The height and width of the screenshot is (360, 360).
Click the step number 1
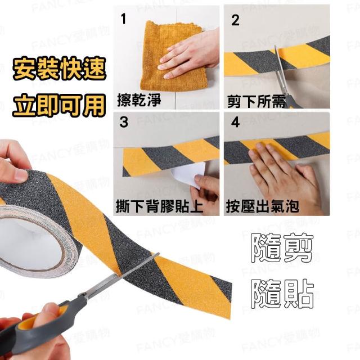pyautogui.click(x=124, y=19)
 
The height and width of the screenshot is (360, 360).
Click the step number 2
pyautogui.click(x=235, y=20)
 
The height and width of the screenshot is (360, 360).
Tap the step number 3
pyautogui.click(x=124, y=122)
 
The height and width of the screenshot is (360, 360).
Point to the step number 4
pyautogui.click(x=235, y=122)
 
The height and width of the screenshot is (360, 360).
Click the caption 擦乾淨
pyautogui.click(x=139, y=100)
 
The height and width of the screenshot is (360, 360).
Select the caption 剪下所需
pyautogui.click(x=256, y=101)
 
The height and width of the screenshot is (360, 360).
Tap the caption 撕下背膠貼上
pyautogui.click(x=160, y=206)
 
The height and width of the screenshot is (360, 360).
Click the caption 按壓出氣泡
pyautogui.click(x=263, y=206)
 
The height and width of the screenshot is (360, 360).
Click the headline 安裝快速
pyautogui.click(x=59, y=69)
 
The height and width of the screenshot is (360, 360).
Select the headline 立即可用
pyautogui.click(x=59, y=105)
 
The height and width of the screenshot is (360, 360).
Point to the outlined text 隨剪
pyautogui.click(x=282, y=248)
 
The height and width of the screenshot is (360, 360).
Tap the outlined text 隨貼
pyautogui.click(x=282, y=294)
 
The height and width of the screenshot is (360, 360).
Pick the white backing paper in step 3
pyautogui.click(x=186, y=174)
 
